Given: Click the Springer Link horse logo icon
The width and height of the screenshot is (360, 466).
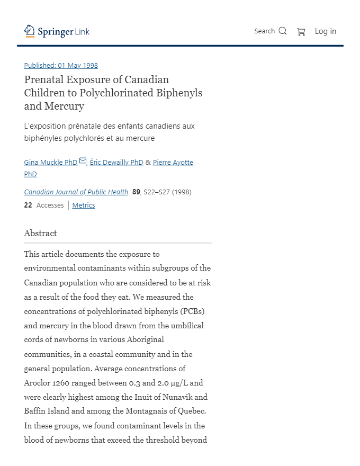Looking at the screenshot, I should (30, 31).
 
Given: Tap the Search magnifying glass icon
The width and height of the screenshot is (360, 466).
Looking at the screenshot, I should (283, 31).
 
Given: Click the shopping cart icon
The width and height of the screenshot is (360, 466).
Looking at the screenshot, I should (301, 32).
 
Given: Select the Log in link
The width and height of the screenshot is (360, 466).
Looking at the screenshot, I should (326, 31).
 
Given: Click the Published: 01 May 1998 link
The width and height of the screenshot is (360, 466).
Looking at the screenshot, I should (61, 66).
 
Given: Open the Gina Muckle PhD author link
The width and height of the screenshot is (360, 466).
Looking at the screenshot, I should (51, 163).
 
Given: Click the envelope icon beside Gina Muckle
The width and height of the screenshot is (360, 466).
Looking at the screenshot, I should (83, 161).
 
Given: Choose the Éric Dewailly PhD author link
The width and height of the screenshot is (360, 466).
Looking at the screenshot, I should (116, 163).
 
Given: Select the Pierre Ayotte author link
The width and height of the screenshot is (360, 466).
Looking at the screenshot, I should (173, 163).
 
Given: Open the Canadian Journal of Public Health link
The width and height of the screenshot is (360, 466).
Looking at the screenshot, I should (76, 192).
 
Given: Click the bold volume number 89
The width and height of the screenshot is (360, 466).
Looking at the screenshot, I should (136, 192).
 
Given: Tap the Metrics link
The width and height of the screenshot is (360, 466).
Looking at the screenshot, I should (84, 205).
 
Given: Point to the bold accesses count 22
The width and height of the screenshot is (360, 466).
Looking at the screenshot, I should (28, 205).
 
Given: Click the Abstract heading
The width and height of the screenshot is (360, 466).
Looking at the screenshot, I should (41, 234).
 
